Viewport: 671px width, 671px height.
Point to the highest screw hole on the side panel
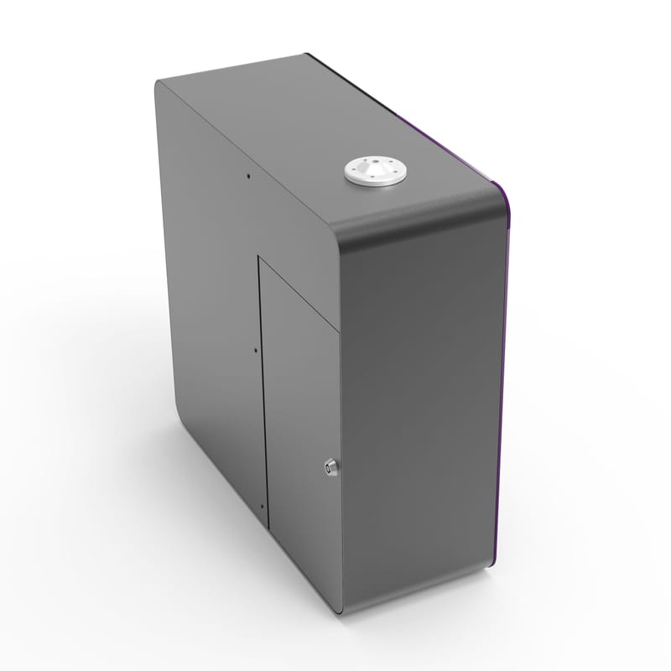(x=248, y=176)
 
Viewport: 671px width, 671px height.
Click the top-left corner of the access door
(x=259, y=258)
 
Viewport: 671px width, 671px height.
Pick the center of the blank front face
(x=419, y=411)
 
